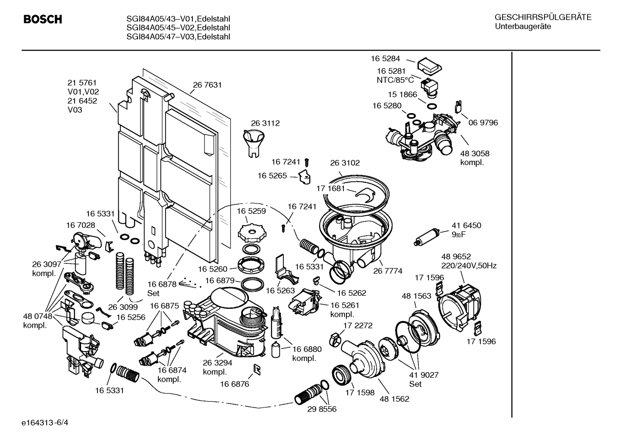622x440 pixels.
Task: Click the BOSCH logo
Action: (x=43, y=19)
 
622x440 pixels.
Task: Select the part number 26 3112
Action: (x=265, y=123)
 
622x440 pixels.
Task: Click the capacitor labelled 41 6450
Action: (x=427, y=237)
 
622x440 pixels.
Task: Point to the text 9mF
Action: (x=459, y=234)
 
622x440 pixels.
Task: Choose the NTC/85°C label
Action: (x=395, y=80)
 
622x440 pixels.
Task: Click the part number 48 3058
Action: (x=474, y=153)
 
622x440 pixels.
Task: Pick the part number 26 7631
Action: (x=207, y=85)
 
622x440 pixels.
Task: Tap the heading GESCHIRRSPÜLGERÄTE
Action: (x=543, y=17)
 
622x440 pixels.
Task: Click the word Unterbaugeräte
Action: (x=523, y=26)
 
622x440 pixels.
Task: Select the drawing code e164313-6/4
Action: (x=45, y=423)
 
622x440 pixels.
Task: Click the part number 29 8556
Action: (x=322, y=409)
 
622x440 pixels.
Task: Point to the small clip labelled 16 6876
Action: (x=257, y=370)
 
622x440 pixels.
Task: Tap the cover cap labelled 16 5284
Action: (x=430, y=66)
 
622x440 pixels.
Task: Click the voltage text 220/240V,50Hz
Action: (x=469, y=266)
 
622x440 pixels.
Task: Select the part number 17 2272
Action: (x=358, y=325)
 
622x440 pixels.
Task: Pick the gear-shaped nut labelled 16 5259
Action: (x=252, y=233)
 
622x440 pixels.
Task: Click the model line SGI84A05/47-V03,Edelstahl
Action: (x=178, y=37)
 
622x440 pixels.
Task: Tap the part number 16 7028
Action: (x=81, y=225)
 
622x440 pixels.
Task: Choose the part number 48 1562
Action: (x=394, y=399)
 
